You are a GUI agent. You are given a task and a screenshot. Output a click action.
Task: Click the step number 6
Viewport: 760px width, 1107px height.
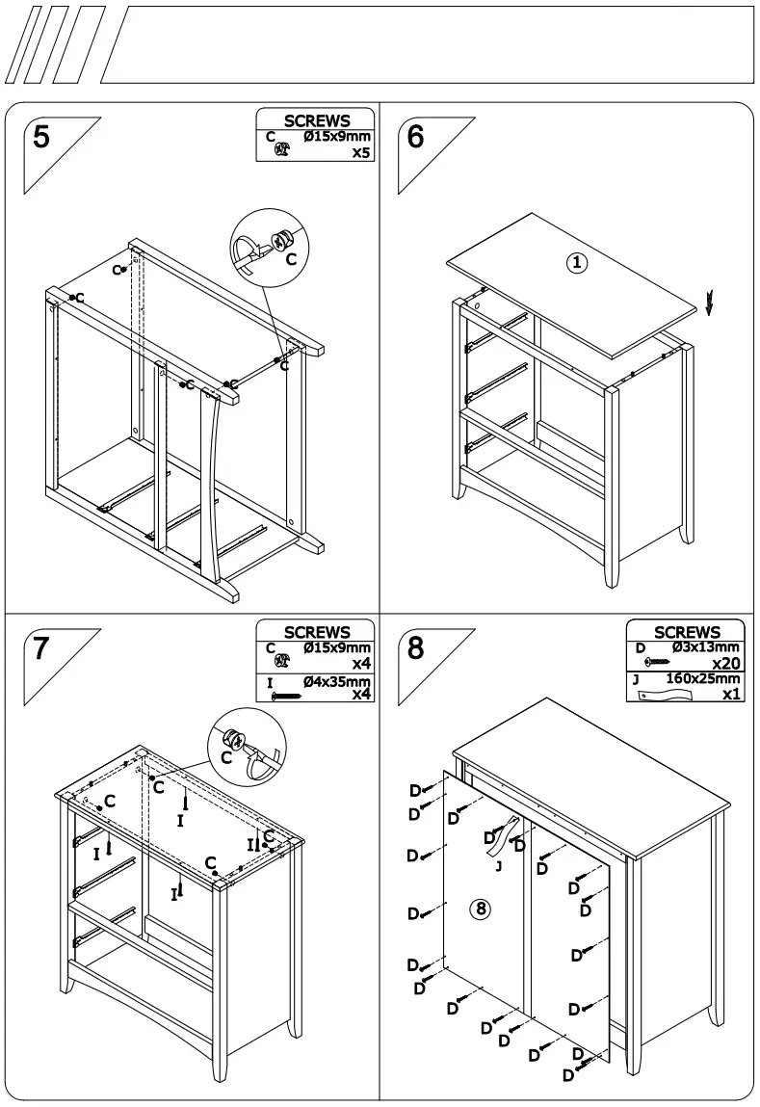tap(416, 137)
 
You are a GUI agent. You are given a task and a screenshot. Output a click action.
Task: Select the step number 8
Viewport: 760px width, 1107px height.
tap(416, 647)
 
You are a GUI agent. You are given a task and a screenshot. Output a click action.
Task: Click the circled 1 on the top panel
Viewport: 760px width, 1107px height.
tap(577, 262)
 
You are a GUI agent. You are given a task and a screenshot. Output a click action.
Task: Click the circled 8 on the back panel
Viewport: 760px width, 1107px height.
tap(483, 908)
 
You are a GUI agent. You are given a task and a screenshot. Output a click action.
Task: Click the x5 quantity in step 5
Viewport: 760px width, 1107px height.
tap(361, 152)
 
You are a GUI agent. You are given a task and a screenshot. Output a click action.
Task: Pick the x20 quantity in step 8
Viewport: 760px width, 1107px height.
tap(725, 665)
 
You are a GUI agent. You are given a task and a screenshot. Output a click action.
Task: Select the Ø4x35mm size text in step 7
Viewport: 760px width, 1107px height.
tap(337, 681)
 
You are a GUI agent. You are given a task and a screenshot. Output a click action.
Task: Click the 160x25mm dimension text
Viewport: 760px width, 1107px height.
tap(702, 679)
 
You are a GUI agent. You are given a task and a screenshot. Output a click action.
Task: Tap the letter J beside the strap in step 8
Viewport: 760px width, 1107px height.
tap(498, 867)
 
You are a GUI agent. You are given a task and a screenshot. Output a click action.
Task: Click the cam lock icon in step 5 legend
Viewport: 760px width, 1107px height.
tap(281, 151)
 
